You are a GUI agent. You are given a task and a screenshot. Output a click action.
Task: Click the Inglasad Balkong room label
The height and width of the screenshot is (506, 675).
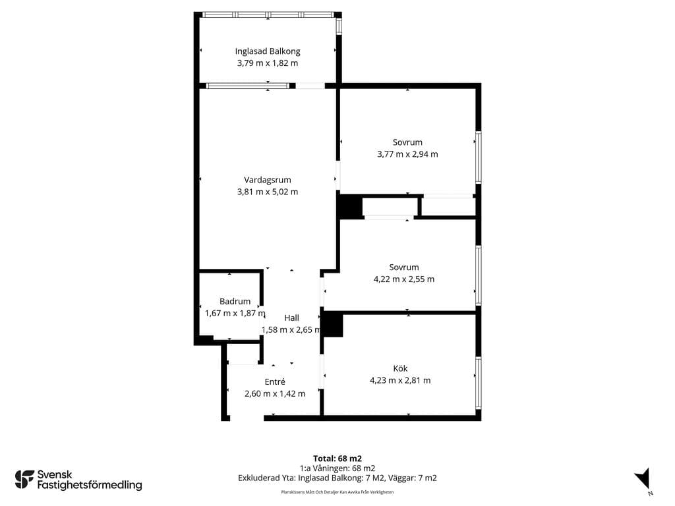tap(268, 51)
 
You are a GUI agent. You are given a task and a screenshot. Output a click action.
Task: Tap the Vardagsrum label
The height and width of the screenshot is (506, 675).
tap(268, 180)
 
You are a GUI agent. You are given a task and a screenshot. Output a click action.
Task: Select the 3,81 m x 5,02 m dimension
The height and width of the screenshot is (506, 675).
tap(268, 192)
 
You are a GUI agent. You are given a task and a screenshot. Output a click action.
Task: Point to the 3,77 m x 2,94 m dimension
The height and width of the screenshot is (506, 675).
tap(407, 154)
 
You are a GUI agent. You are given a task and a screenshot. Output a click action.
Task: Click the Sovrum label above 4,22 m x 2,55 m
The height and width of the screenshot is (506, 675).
tap(404, 267)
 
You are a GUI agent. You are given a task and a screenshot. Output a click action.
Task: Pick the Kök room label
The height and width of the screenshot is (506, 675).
tap(400, 368)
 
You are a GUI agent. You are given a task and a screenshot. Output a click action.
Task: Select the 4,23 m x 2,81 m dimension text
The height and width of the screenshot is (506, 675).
tap(400, 380)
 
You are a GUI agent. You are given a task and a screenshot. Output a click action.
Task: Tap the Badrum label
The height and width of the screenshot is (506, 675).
tap(235, 301)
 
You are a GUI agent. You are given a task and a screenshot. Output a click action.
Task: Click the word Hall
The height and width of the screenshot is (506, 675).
tap(291, 318)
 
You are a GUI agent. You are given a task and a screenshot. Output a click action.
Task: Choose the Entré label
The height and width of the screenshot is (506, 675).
tap(275, 381)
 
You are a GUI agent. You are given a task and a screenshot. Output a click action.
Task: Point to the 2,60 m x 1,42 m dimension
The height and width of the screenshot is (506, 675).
tap(275, 394)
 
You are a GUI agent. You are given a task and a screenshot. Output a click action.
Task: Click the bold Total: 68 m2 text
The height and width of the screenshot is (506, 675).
tap(337, 459)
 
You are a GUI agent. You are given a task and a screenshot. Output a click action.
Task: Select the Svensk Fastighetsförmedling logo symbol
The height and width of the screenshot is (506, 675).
tap(24, 480)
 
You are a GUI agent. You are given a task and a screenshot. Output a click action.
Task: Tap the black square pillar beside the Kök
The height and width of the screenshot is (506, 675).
tap(333, 325)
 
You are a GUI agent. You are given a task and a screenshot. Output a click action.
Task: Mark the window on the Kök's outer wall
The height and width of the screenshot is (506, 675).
tap(479, 382)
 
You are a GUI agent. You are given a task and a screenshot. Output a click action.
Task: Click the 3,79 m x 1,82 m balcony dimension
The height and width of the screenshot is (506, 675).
tap(268, 63)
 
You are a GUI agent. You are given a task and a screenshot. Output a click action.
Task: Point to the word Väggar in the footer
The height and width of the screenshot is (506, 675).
tap(403, 478)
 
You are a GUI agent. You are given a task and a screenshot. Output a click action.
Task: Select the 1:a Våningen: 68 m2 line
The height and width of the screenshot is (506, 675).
tap(337, 468)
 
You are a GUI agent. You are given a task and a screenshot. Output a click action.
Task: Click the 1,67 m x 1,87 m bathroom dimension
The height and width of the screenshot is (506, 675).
tap(235, 313)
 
